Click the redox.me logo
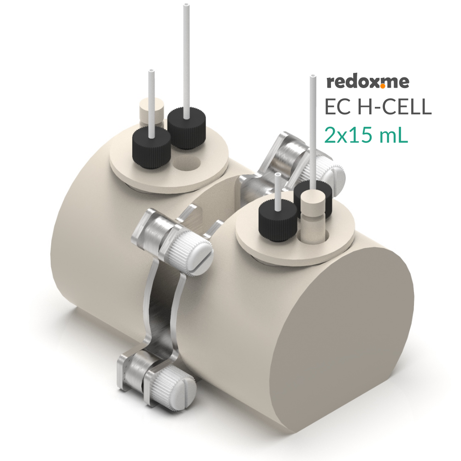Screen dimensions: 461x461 tap(367, 83)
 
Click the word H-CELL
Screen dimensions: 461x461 tap(395, 106)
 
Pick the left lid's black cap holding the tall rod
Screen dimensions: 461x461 tap(186, 127)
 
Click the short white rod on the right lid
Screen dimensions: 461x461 tap(278, 189)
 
